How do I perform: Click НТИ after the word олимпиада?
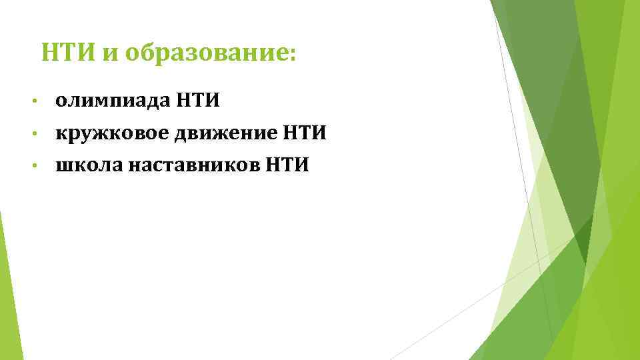[199, 101]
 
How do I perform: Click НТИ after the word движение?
[303, 133]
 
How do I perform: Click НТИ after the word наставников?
[287, 165]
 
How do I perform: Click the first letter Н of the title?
[49, 51]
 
